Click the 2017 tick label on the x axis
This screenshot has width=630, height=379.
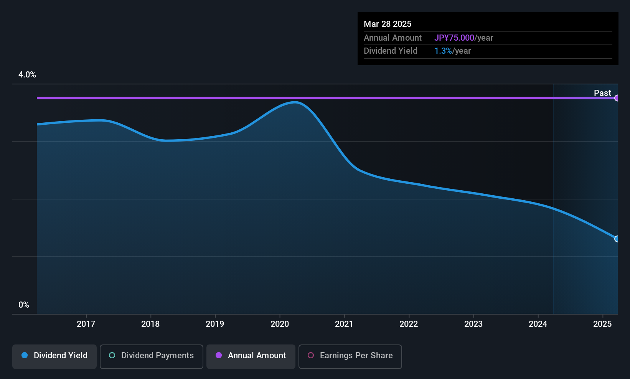86,324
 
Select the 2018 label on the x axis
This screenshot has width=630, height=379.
150,324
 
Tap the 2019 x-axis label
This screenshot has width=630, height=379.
215,324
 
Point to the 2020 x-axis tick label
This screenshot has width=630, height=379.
280,324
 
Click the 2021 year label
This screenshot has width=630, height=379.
344,324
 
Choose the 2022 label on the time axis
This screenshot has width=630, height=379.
409,324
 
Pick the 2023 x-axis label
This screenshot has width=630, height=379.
473,324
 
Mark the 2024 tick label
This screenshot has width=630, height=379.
538,324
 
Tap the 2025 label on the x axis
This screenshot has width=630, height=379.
602,324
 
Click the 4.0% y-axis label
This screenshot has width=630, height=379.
27,75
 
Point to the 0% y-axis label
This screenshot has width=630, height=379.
24,305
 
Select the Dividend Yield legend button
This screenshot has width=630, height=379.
54,356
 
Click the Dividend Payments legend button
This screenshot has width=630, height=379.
151,356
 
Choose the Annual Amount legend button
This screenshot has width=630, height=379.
251,356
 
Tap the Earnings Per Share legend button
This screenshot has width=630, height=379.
350,356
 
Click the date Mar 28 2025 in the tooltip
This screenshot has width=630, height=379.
387,24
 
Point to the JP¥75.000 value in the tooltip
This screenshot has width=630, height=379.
454,38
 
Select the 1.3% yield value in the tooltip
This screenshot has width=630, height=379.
443,51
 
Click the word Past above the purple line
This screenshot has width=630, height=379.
602,93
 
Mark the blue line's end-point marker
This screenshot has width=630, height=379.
617,239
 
